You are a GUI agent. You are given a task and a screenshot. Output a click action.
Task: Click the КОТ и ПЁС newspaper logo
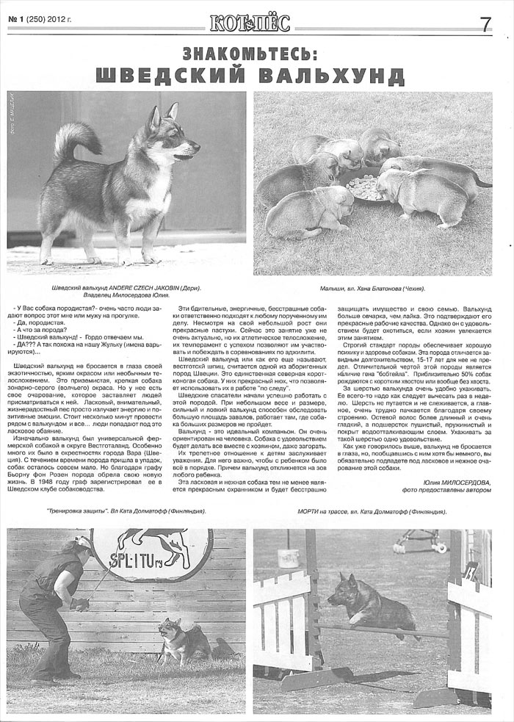coord(249,23)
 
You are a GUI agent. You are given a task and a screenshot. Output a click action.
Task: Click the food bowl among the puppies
coord(365,185)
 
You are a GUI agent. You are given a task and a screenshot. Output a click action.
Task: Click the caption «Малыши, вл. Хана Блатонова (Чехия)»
coord(373,289)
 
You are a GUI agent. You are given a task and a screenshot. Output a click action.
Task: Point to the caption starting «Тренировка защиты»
coord(124,511)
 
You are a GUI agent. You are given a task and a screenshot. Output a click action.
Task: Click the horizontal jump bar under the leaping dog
coord(382,629)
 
